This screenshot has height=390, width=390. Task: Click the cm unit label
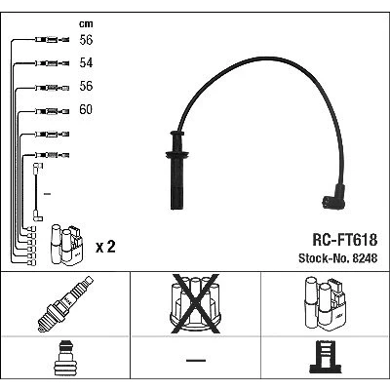coord(86,24)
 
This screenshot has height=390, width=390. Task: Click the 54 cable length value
coord(86,62)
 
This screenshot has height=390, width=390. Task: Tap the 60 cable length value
coord(86,109)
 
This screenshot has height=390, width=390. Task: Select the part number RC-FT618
coord(345,240)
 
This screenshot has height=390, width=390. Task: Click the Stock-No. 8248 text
coord(338,258)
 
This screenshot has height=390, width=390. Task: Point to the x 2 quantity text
coord(105,247)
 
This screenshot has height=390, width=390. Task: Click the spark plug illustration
coord(65,304)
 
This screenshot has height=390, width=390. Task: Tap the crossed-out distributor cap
coord(195,304)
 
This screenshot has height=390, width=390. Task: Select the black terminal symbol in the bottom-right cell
coord(326,357)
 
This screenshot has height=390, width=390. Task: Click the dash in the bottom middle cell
coord(196,361)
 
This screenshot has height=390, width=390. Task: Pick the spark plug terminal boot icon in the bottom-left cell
coord(65,358)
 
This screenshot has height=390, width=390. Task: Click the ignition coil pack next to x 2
coord(66,245)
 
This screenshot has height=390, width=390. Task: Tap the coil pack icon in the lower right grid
coord(326,303)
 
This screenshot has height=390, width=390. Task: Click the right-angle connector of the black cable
coord(334,197)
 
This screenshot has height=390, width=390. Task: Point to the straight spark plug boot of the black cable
coord(176,170)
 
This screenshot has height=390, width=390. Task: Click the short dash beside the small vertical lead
coord(47,194)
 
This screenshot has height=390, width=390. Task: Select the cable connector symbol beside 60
coord(52,112)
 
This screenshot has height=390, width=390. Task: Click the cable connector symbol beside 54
coord(52,63)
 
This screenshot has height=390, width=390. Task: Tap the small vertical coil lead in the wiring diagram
coord(37,192)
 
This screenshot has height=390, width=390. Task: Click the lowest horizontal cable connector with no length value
coord(52,155)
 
